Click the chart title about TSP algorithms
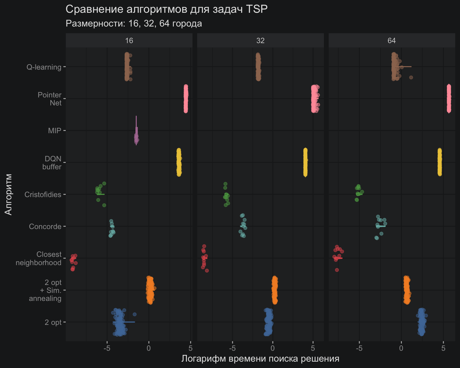coord(166,9)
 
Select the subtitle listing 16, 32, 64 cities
coord(134,24)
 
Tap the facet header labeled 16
coord(129,41)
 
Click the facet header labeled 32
coord(260,41)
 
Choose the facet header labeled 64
coord(392,41)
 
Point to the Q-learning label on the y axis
coord(44,67)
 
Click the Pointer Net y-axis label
coord(50,99)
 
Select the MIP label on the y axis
coord(55,131)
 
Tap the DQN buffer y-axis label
coord(52,163)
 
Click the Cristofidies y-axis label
coord(43,195)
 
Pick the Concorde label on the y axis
coord(45,226)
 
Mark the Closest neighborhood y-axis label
coord(39,258)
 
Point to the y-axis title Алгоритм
coord(8,194)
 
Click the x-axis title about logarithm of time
coord(260,359)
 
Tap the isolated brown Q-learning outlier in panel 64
coord(411,77)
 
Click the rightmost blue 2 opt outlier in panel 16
coord(134,314)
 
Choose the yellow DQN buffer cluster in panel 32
coord(305,162)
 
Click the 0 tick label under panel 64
coord(401,348)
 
